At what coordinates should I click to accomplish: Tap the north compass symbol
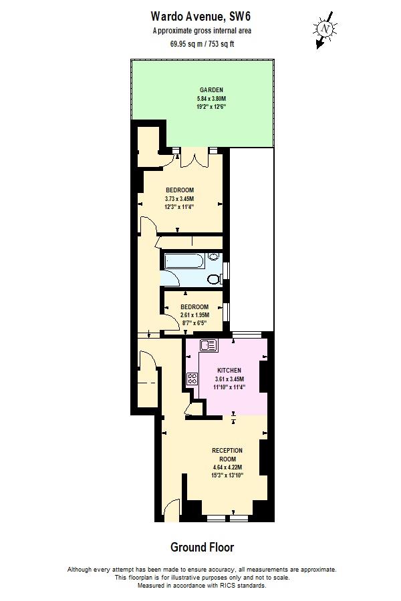(x=325, y=29)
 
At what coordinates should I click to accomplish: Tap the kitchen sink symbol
(x=208, y=345)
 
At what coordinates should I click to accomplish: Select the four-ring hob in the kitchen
(x=192, y=379)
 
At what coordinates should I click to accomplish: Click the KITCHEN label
(x=229, y=370)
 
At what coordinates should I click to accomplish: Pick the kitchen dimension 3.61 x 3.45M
(x=229, y=378)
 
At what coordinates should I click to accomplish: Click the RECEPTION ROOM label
(x=227, y=455)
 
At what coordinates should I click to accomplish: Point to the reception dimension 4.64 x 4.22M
(x=227, y=467)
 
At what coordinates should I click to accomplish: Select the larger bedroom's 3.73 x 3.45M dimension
(x=180, y=198)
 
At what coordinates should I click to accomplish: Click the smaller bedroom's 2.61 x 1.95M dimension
(x=194, y=315)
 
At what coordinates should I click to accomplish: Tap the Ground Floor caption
(x=202, y=548)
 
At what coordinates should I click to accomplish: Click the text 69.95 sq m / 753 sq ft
(x=202, y=44)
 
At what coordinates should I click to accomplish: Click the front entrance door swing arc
(x=172, y=509)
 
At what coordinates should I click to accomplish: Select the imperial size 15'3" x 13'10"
(x=227, y=475)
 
